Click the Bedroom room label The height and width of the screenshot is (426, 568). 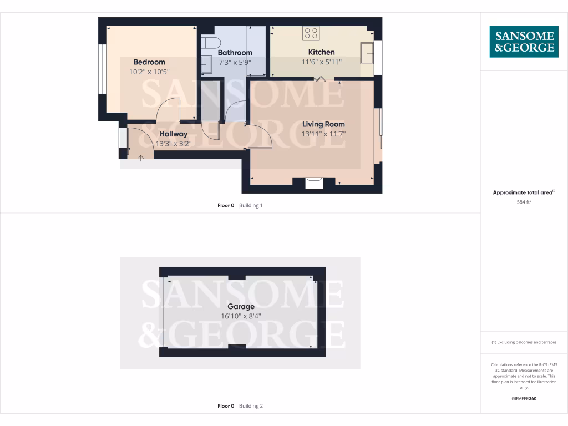coord(149,62)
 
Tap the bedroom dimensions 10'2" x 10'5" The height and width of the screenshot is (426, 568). coord(149,72)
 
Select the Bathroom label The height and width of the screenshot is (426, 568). coord(235,53)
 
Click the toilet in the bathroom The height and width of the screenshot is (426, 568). coord(211,42)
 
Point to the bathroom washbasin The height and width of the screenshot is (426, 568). coord(206,64)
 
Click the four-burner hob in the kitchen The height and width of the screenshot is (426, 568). coord(311,33)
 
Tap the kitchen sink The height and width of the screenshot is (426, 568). coord(367,53)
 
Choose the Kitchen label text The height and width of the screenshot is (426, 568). coord(322,53)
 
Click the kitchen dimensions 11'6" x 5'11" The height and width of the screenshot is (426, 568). coord(322,62)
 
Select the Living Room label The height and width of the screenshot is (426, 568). coord(323,124)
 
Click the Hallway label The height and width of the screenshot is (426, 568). coord(174,134)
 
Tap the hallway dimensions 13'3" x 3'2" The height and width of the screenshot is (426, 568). coord(174,143)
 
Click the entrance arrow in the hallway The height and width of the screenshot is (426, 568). coord(141,158)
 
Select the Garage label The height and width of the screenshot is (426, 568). coord(241,307)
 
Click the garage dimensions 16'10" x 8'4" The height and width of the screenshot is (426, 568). coord(241,316)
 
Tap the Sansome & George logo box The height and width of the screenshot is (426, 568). coord(524,42)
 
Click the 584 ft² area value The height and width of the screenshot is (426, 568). coord(524,202)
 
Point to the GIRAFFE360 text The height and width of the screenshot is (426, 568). coord(524,398)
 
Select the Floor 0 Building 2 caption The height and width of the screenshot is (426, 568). coord(240,406)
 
